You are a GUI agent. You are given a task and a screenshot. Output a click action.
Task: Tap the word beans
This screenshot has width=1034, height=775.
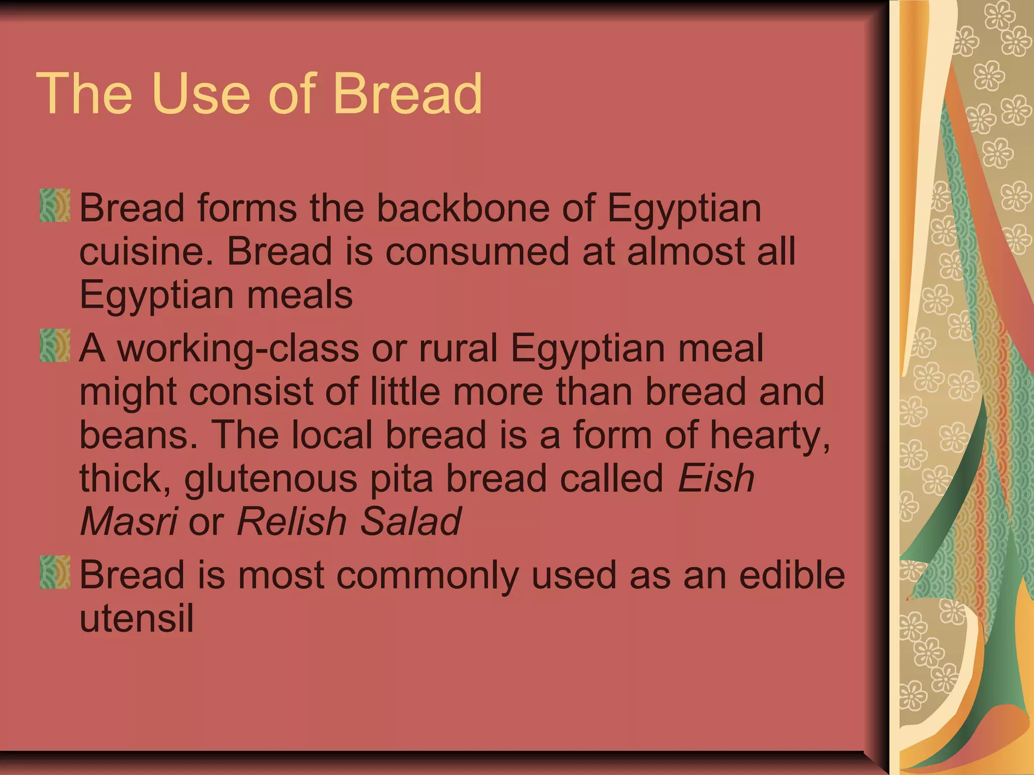tap(138, 434)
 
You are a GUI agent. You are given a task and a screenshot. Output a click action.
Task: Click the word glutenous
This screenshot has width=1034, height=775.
tap(271, 478)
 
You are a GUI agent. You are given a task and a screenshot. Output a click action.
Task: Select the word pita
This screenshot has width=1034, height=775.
tap(401, 478)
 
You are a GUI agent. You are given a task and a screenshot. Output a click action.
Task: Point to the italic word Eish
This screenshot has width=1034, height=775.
tap(716, 478)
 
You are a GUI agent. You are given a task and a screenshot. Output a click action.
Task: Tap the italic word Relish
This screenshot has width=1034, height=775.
tap(291, 521)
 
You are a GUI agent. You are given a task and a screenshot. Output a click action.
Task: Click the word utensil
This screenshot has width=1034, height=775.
tap(136, 618)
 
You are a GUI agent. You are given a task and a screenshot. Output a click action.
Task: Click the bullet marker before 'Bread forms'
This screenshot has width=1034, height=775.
tap(55, 205)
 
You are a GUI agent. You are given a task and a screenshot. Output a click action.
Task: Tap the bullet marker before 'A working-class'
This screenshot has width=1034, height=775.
tap(55, 346)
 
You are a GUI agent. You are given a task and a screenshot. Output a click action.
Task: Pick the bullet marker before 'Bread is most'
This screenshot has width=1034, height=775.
tap(55, 572)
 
